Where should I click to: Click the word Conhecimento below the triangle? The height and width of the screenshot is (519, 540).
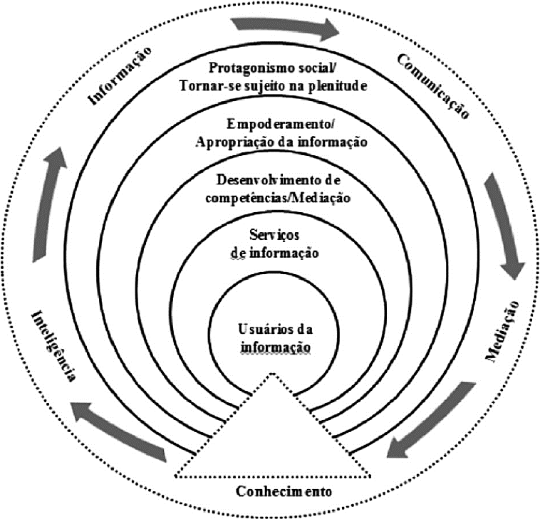pos(275,492)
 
